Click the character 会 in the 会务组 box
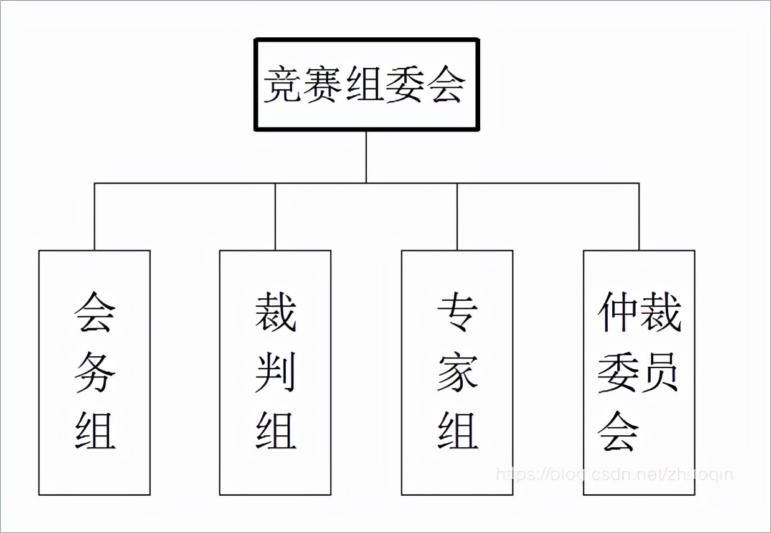95,313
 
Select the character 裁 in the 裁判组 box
275,313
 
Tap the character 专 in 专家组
457,313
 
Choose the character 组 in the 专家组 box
457,430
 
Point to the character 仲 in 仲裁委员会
618,313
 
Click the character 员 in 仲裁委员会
660,372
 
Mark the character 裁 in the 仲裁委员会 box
660,313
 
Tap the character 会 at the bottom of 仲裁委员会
618,430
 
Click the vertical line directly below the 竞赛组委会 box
366,157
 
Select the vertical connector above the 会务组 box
95,217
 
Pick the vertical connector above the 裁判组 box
275,217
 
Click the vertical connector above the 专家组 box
457,217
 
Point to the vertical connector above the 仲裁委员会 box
639,217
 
